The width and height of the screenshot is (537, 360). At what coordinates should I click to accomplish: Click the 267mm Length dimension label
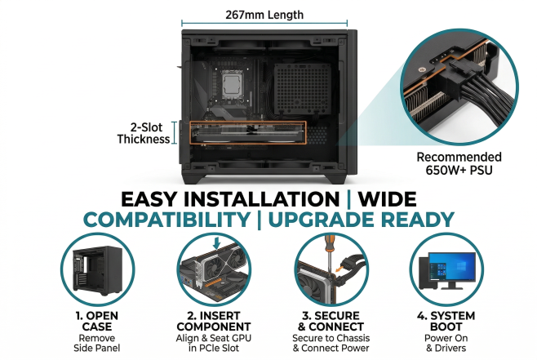(264, 15)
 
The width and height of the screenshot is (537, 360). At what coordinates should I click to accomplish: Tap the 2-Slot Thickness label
(144, 133)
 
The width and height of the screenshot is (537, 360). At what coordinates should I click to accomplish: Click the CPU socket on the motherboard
(232, 84)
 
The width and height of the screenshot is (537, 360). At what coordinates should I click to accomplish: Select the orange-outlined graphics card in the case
(248, 132)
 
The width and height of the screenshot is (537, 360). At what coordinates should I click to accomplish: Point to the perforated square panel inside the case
(303, 89)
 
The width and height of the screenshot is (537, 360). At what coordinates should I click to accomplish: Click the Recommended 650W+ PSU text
(459, 163)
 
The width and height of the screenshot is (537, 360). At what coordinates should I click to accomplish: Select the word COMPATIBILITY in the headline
(166, 220)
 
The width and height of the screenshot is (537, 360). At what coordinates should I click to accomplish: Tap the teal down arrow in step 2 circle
(216, 242)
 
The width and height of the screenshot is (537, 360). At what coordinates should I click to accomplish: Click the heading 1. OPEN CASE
(97, 321)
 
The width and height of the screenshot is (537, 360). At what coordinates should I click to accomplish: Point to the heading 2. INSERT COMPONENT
(214, 321)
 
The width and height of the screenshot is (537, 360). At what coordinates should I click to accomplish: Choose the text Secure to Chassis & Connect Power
(331, 343)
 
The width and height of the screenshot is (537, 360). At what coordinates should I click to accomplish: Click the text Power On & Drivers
(446, 343)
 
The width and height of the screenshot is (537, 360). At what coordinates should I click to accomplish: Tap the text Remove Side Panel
(97, 343)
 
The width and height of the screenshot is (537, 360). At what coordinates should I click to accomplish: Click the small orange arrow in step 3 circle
(340, 268)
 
